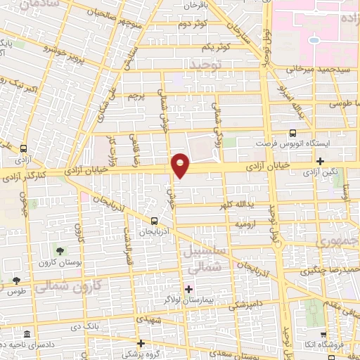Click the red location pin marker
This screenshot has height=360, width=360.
pyautogui.click(x=181, y=165)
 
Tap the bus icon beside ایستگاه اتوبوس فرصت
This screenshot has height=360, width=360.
pyautogui.click(x=292, y=133)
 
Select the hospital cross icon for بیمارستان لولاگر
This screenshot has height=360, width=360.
pyautogui.click(x=188, y=288)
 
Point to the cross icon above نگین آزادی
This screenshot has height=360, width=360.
pyautogui.click(x=321, y=161)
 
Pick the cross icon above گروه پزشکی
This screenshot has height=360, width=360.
pyautogui.click(x=141, y=343)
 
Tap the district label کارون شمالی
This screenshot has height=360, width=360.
pyautogui.click(x=69, y=285)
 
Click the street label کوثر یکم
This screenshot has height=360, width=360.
pyautogui.click(x=214, y=47)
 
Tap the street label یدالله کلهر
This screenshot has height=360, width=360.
pyautogui.click(x=242, y=205)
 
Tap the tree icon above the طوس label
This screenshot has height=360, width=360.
pyautogui.click(x=16, y=281)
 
